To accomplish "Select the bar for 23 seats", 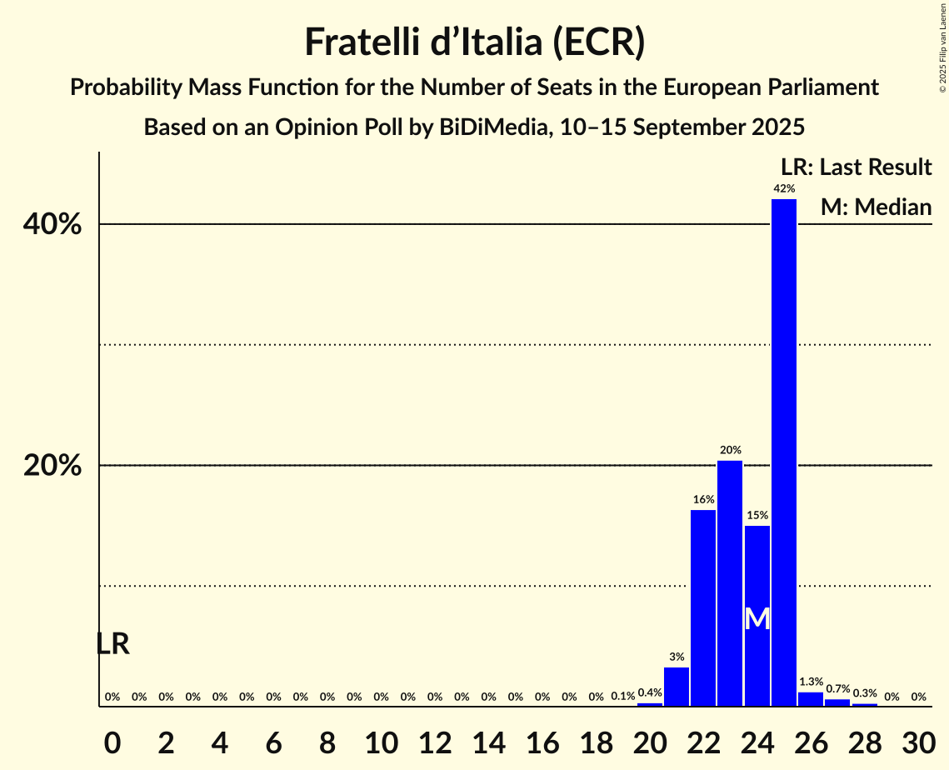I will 730,583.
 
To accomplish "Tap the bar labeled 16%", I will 703,607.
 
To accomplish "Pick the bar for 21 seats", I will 677,687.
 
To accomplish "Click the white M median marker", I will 757,618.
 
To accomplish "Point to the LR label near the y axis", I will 112,644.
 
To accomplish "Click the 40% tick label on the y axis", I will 52,225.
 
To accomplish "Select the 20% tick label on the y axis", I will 52,466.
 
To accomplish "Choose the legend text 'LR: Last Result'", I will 856,167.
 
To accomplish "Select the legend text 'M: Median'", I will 876,207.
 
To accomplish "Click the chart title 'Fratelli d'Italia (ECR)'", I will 474,42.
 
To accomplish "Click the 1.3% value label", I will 811,682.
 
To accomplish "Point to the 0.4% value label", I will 650,692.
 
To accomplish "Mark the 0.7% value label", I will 837,689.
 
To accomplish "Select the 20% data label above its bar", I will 730,450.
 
